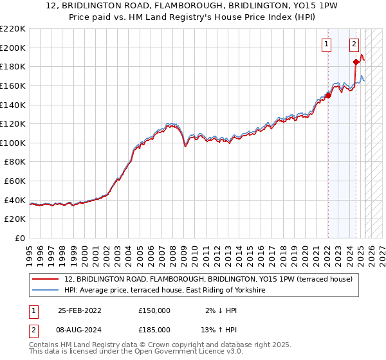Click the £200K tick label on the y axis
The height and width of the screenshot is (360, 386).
point(12,48)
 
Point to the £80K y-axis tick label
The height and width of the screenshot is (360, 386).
point(14,162)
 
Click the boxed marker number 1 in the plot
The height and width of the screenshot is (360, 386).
point(327,44)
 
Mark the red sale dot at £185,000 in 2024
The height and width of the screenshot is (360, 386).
point(356,62)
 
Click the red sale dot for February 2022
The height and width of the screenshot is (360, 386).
point(328,95)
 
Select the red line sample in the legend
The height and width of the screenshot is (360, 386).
point(44,280)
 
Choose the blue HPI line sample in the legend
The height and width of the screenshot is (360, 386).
point(44,291)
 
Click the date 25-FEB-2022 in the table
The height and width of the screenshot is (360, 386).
point(79,310)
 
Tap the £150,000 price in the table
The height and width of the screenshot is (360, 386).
point(154,310)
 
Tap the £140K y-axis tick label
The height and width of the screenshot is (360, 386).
point(12,105)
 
